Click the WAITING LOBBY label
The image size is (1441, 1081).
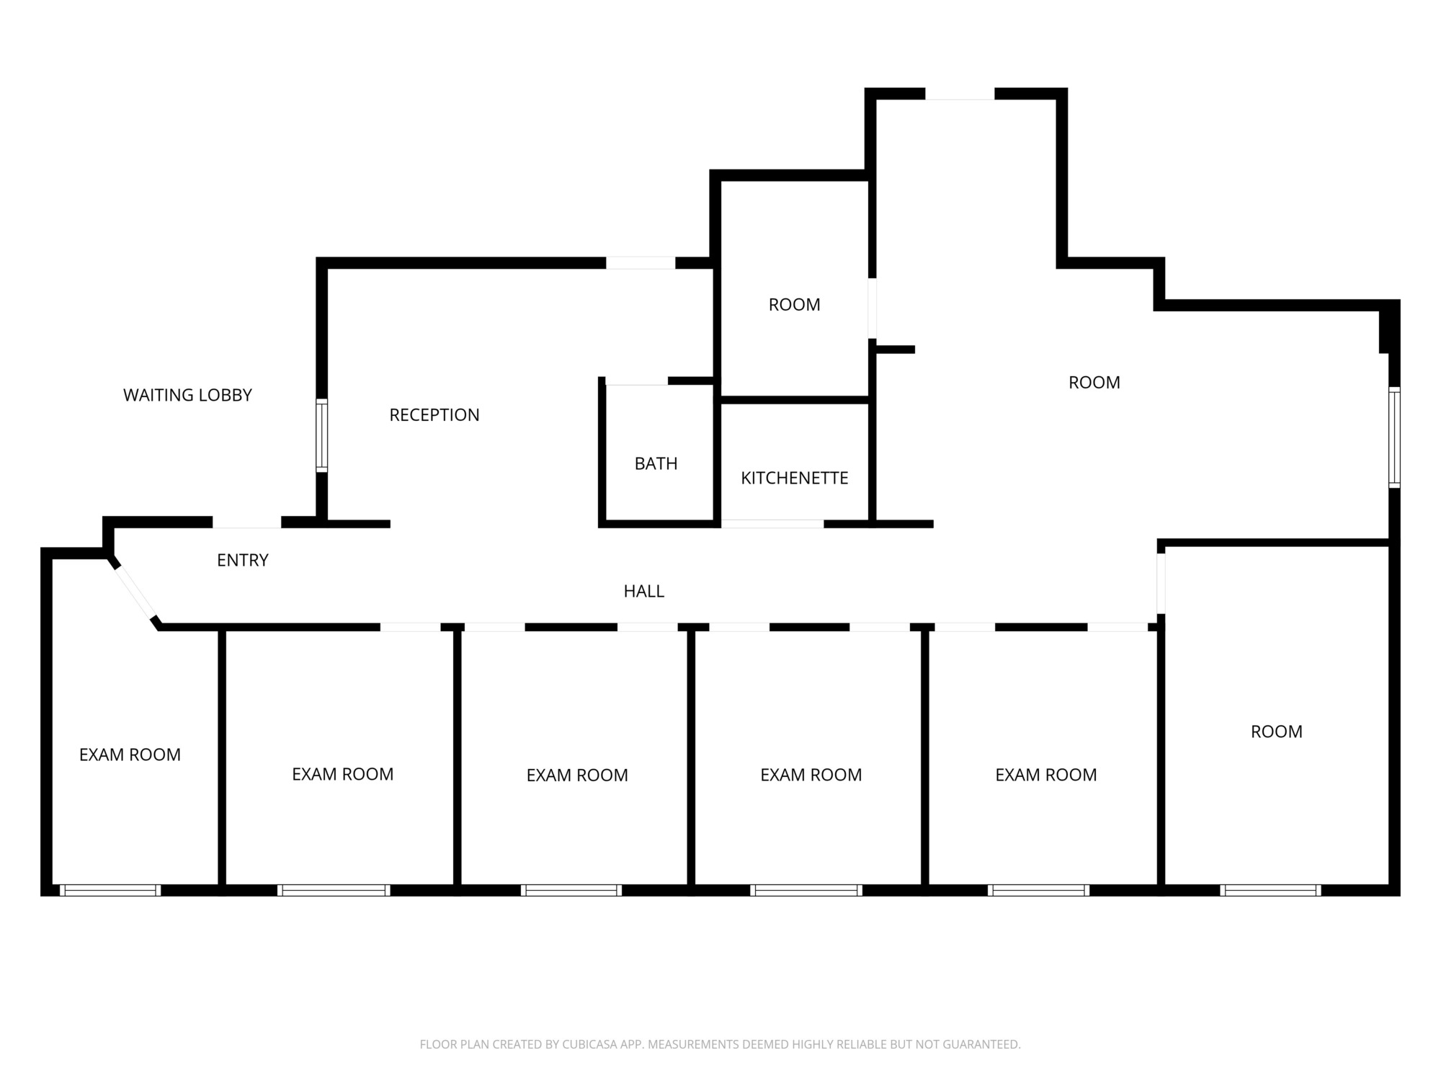pos(187,395)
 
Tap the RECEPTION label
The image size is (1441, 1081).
pos(434,414)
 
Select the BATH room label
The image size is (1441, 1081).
pos(656,463)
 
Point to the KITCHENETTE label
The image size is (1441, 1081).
pos(795,478)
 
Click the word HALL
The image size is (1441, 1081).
pos(644,591)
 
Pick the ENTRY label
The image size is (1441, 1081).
pos(243,560)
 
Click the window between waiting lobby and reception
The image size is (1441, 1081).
pos(322,435)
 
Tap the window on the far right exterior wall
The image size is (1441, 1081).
pos(1394,437)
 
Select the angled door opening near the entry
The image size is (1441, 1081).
pos(135,590)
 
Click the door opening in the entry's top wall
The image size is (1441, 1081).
pos(246,522)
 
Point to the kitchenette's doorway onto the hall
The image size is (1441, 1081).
pos(772,523)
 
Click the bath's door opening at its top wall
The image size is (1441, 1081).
pos(637,381)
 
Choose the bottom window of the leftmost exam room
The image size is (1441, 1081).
pos(110,890)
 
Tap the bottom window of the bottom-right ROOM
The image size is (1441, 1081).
pos(1271,890)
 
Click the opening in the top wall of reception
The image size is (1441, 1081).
pos(641,262)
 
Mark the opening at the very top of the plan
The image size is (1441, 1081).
pos(960,94)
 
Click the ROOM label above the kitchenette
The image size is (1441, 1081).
pos(795,304)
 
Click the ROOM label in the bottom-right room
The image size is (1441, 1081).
pos(1277,731)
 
